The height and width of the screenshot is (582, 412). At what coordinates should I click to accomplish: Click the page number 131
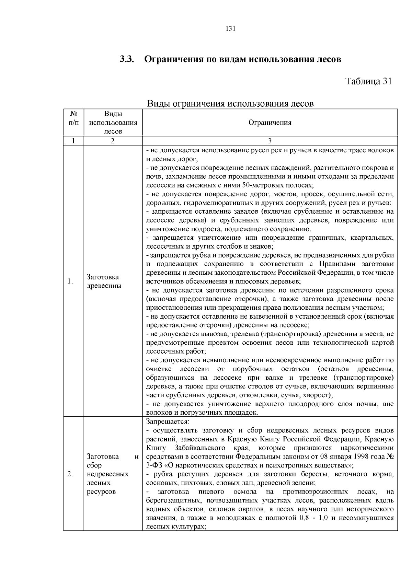coord(230,29)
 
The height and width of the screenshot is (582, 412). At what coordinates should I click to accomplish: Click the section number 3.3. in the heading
coord(126,59)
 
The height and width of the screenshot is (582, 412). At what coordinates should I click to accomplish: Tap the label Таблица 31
coord(368,81)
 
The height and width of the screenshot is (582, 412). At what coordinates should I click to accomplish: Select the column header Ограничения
coord(270,122)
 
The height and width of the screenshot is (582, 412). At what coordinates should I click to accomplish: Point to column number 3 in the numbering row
coord(270,141)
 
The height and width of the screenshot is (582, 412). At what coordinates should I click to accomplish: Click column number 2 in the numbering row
coord(113,141)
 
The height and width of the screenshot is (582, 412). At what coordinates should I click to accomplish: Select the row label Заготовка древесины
coord(103,281)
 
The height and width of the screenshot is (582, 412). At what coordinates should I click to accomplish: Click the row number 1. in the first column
coord(70,282)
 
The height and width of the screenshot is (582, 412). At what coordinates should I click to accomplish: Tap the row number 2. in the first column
coord(70,474)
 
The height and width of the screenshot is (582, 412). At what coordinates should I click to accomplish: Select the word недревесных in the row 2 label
coord(108,474)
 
